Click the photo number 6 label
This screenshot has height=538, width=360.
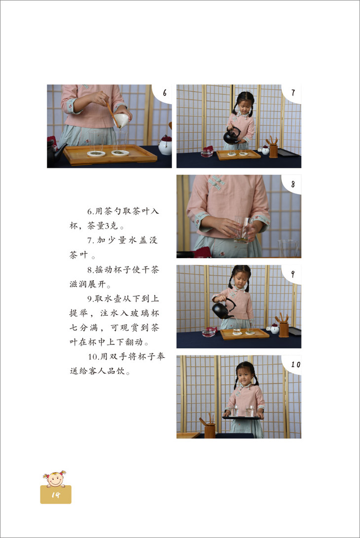point(165,93)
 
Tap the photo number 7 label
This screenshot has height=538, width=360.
point(293,93)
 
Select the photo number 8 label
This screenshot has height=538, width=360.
point(293,184)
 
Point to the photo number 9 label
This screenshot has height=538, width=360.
point(292,274)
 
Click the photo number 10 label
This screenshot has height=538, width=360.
point(295,364)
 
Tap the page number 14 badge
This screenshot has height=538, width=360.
point(56,495)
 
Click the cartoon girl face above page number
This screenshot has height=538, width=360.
point(54,479)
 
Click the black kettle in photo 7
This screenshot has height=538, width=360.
point(231,136)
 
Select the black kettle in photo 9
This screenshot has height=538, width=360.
point(223,308)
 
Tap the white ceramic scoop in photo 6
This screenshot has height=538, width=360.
point(121,120)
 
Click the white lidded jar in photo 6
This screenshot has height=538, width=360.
point(165,145)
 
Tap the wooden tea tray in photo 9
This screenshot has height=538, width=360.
point(245,334)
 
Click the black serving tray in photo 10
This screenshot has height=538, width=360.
point(241,418)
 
